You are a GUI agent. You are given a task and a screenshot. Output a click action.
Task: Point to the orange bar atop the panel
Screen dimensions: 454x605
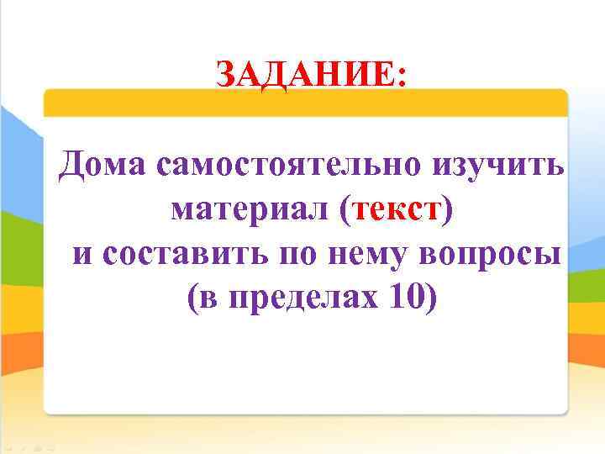(x=305, y=103)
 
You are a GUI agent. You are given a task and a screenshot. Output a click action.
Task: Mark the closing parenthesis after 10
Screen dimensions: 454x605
(x=432, y=298)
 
